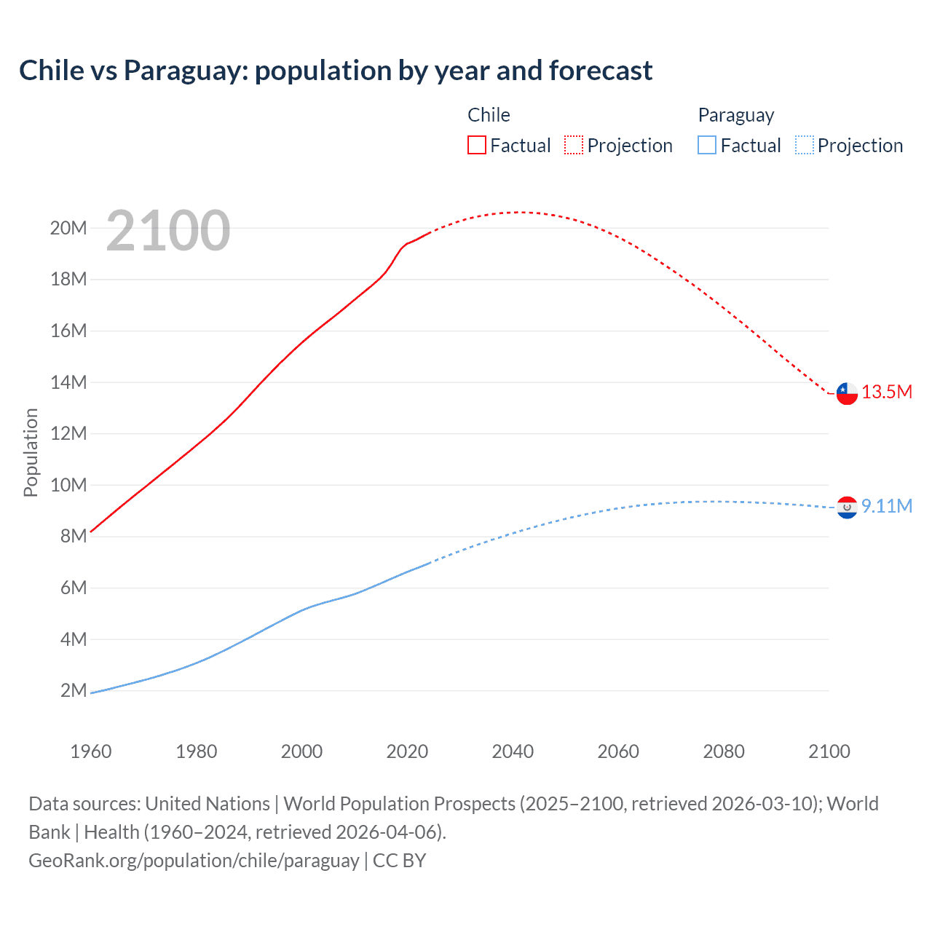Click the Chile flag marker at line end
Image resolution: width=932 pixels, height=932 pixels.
(x=847, y=393)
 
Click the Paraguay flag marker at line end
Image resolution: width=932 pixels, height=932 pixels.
(x=847, y=508)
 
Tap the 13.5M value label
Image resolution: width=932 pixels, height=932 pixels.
(x=887, y=392)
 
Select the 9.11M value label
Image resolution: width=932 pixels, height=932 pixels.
(x=887, y=506)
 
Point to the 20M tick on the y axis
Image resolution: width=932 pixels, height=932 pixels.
(x=68, y=228)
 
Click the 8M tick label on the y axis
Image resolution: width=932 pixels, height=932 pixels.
(x=74, y=536)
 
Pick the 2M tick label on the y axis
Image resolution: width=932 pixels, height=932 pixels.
(x=74, y=690)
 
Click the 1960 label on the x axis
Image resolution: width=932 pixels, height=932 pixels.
(x=91, y=751)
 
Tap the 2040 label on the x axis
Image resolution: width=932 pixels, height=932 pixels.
(x=513, y=751)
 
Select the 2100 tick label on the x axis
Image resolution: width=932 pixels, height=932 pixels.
(x=829, y=751)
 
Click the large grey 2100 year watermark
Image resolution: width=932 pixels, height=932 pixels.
(x=168, y=231)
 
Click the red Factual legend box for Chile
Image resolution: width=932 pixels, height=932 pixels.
(x=476, y=145)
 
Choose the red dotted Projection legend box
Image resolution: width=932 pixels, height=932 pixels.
(x=574, y=145)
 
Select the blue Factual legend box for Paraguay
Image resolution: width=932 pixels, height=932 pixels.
(x=706, y=145)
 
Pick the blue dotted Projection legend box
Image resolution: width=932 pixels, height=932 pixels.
(x=804, y=145)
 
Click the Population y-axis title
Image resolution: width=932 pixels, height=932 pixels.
(x=31, y=452)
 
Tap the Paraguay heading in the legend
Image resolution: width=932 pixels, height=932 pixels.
(x=735, y=115)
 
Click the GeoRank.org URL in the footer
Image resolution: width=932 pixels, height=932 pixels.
(x=194, y=861)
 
